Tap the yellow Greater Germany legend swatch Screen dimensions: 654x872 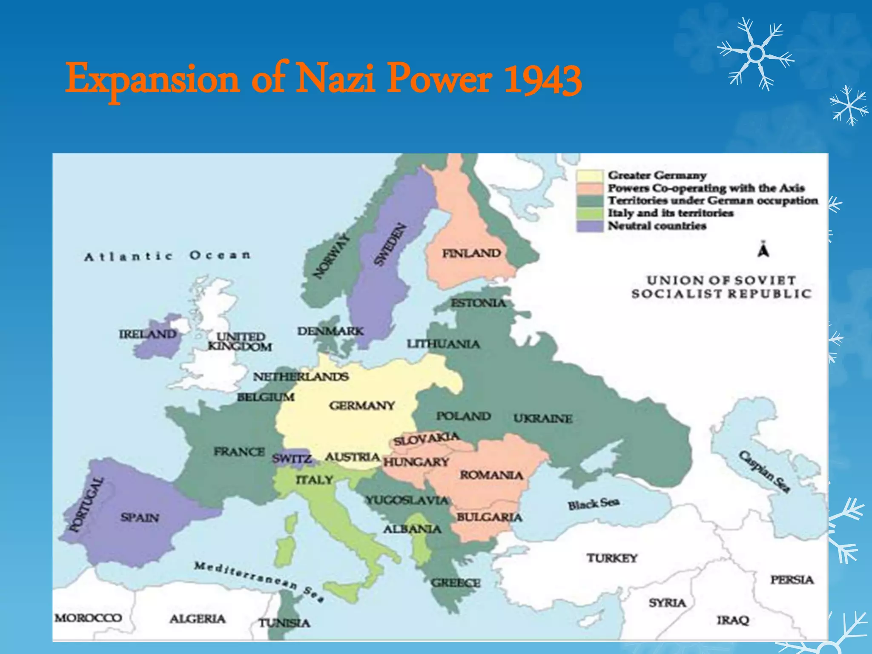click(x=590, y=175)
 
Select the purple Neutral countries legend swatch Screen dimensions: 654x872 click(x=590, y=226)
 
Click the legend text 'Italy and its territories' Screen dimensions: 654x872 click(x=670, y=213)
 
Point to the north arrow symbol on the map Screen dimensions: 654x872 click(x=763, y=250)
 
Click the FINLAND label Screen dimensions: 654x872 click(x=471, y=254)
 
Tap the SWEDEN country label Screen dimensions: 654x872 click(x=389, y=245)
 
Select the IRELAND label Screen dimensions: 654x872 click(x=147, y=334)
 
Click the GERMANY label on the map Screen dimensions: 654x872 click(x=361, y=405)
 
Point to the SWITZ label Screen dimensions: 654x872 click(x=292, y=459)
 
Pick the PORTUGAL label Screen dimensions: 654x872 click(x=86, y=505)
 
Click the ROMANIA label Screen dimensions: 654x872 click(x=491, y=475)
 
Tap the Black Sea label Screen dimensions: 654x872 click(x=594, y=504)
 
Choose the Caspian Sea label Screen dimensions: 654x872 click(x=765, y=471)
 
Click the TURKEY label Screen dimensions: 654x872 click(x=612, y=558)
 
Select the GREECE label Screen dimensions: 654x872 click(x=456, y=582)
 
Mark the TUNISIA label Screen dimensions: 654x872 click(x=284, y=623)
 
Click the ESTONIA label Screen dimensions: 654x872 click(x=479, y=303)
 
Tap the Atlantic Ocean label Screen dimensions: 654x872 click(x=167, y=256)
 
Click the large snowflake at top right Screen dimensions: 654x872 click(x=756, y=54)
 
